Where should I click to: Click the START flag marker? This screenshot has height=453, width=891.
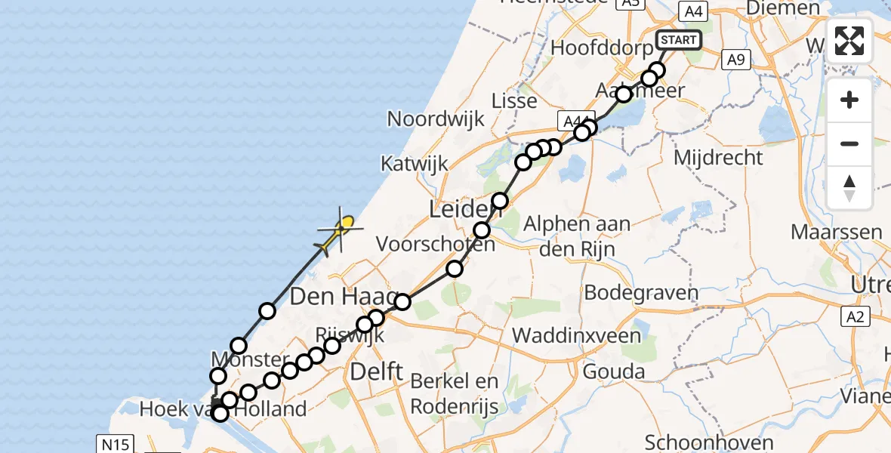679,40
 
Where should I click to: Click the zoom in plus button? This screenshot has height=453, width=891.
849,100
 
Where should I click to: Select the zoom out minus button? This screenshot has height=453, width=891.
849,143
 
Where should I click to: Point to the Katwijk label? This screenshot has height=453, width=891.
415,164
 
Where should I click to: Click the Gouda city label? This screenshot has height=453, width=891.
614,371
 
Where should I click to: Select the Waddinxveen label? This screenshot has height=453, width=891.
577,335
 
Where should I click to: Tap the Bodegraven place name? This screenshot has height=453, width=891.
633,291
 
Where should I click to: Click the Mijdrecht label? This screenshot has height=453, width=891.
717,158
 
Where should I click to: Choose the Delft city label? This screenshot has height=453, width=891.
377,371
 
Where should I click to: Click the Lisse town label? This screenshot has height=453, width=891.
514,100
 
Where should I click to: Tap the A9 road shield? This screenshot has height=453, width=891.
734,60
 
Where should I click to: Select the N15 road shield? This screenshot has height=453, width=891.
113,443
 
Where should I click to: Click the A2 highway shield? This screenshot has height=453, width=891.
855,316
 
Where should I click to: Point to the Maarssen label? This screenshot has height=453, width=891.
837,231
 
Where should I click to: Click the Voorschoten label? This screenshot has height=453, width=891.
436,244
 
